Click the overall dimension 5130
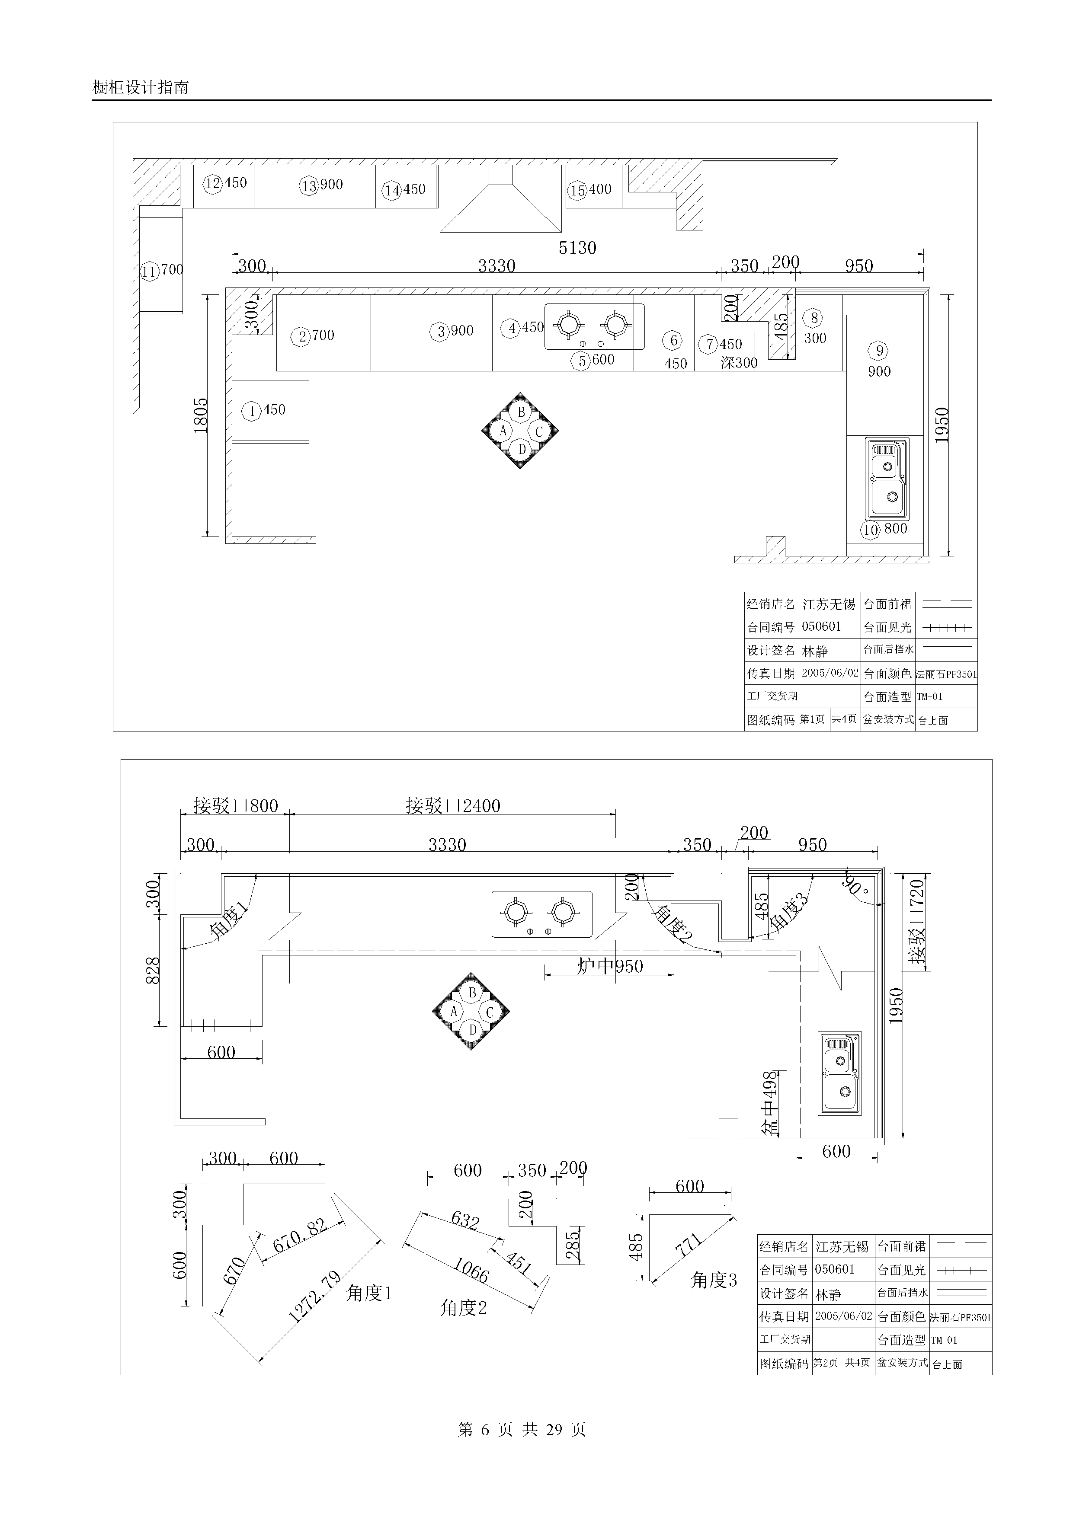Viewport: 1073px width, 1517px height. (577, 248)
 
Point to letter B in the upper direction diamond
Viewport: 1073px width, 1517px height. (521, 412)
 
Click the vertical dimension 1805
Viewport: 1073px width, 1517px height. (201, 415)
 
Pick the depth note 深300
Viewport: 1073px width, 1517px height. (739, 363)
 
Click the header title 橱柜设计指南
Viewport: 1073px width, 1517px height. (141, 87)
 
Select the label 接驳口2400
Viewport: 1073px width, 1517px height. (453, 805)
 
